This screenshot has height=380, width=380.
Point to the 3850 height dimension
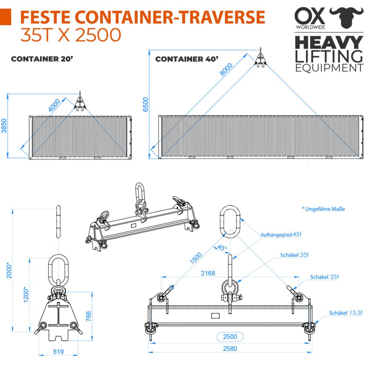click(x=4, y=125)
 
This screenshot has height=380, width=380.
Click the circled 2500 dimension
click(x=230, y=336)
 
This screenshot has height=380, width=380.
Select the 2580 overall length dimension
click(x=230, y=348)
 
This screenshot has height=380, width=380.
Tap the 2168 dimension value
click(x=208, y=273)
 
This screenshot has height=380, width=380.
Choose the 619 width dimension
click(x=58, y=351)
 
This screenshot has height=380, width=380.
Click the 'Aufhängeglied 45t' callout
click(x=281, y=234)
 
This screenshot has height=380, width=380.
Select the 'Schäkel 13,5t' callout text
click(x=346, y=313)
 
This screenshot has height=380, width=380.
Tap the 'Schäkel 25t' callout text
click(x=324, y=277)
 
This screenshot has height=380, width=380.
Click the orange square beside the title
click(x=6, y=17)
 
